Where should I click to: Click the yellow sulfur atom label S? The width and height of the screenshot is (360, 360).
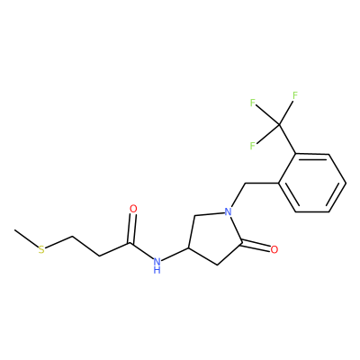coord(41,249)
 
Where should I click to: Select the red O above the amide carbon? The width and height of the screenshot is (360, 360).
coord(133,209)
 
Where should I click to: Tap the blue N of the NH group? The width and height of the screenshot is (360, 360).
coord(157,260)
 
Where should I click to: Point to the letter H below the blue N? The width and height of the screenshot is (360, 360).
coord(157,270)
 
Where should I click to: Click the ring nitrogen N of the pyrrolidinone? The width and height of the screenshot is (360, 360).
coord(228,212)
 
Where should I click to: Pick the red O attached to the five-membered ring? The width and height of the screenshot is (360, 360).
coord(274,249)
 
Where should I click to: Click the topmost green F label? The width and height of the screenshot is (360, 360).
coord(295,95)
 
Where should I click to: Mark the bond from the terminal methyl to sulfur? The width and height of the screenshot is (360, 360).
coord(26,238)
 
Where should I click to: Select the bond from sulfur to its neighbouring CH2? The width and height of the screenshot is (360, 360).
coord(58,242)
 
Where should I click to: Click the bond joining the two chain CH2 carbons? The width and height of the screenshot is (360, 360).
coord(85,247)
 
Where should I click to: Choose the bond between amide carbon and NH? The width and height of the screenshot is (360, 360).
coord(141,250)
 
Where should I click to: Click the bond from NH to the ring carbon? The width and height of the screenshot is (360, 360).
coord(175,255)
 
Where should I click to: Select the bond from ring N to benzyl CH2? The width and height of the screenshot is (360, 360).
coord(238,194)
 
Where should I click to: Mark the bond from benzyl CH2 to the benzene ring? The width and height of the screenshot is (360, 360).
coord(262,183)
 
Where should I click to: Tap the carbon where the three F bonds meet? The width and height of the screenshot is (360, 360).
coord(279,124)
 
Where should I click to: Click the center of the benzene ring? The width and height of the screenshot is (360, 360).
coord(312,183)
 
